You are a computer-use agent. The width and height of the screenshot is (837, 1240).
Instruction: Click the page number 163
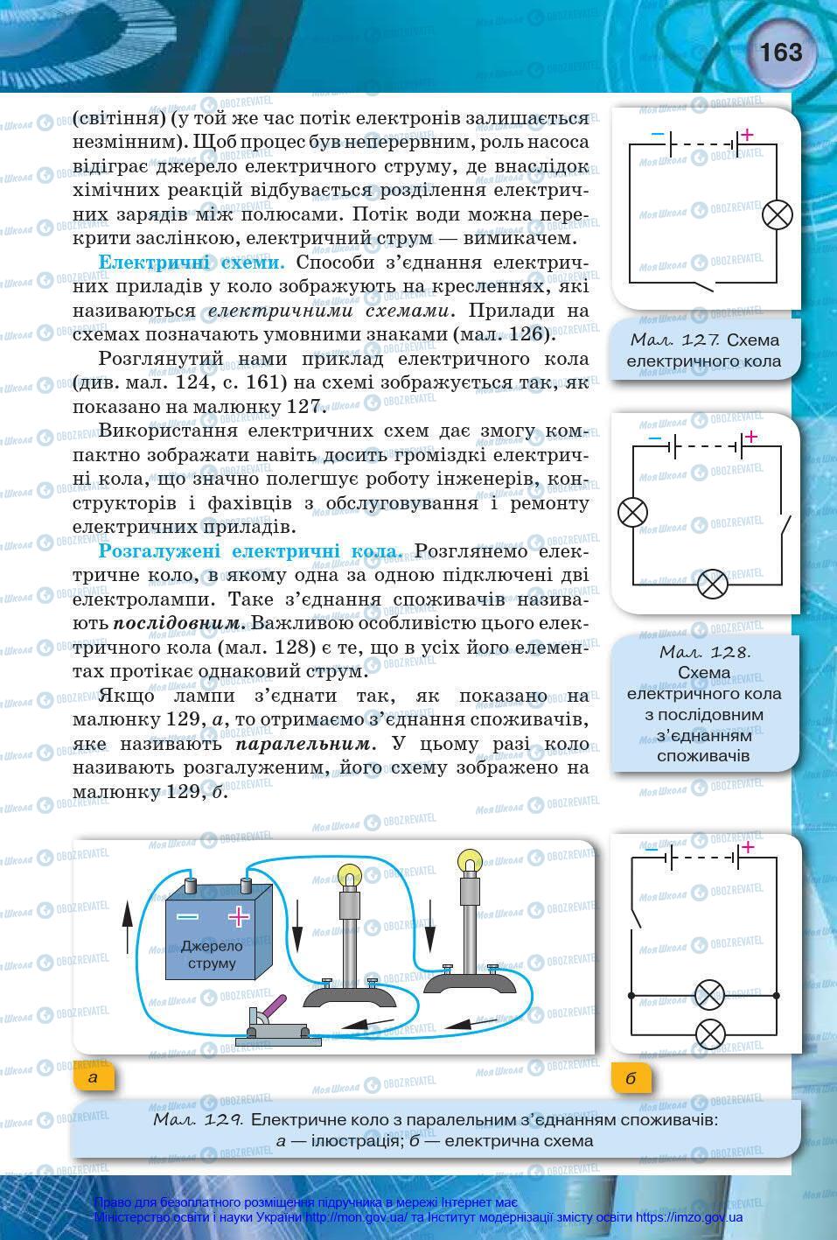pos(780,53)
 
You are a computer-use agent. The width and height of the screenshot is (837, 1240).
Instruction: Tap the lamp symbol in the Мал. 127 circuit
pos(777,214)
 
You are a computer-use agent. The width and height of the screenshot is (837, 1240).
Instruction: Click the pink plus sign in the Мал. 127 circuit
pos(747,135)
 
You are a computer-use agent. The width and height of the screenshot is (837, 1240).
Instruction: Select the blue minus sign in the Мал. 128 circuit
pos(654,438)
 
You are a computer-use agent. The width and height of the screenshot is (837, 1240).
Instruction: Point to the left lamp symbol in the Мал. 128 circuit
pos(632,512)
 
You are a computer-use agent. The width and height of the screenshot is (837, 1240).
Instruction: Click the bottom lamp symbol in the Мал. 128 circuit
pos(713,584)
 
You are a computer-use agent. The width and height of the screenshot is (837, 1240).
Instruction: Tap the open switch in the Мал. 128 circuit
pos(785,529)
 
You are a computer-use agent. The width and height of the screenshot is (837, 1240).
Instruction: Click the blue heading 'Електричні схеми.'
pos(192,263)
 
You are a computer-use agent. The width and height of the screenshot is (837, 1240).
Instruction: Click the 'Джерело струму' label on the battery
pos(212,955)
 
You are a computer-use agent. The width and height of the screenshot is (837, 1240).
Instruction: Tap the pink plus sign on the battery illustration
pos(238,916)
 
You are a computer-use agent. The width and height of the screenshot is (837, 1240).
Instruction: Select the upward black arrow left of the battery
pos(128,928)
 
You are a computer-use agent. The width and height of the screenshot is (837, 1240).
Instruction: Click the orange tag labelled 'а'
pos(94,1077)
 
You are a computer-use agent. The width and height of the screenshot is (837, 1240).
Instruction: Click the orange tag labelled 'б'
pos(631,1078)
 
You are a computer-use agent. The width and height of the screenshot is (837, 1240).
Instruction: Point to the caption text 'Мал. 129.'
pos(198,1119)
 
